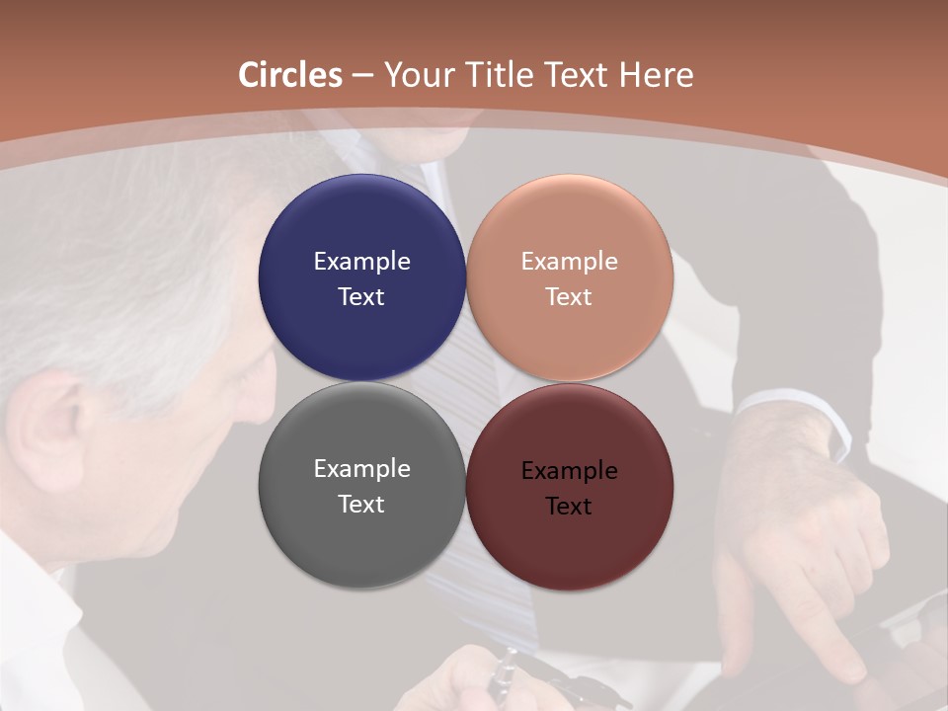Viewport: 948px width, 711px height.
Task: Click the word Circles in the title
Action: tap(289, 75)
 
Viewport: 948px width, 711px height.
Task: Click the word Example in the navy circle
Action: tap(361, 262)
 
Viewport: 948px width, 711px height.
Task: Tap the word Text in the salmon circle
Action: tap(569, 297)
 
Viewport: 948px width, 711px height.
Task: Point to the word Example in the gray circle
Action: tap(361, 469)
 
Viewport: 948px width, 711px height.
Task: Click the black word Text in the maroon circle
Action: tap(569, 507)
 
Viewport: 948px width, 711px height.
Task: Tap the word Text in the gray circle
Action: tap(361, 505)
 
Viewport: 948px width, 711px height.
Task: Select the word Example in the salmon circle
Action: tap(569, 262)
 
